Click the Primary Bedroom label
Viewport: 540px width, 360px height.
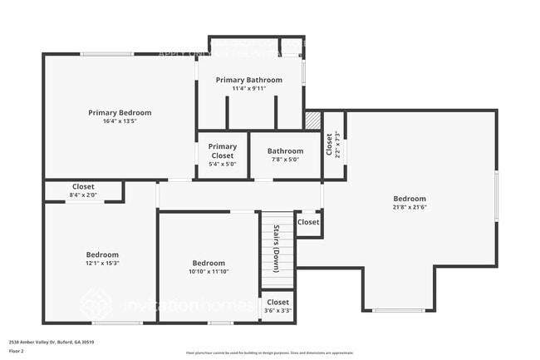120,112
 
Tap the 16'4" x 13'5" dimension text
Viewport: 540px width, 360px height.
120,121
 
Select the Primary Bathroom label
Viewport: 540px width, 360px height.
248,80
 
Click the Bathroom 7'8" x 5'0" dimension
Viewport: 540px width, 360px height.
285,160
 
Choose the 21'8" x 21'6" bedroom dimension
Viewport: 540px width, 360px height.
410,208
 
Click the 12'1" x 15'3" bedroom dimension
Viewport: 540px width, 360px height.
102,264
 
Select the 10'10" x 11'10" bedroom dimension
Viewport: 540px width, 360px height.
209,271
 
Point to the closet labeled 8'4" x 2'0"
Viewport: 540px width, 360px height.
83,195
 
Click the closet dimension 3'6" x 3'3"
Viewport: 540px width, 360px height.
278,311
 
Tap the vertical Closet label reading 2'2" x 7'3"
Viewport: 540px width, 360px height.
333,145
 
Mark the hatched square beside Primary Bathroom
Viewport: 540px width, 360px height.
312,121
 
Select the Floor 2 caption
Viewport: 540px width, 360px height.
17,350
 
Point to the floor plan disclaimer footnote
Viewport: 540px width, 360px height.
269,353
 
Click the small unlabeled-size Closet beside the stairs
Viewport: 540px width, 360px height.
308,222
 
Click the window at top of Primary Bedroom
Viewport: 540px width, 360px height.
106,55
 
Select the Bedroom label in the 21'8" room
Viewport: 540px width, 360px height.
410,199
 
